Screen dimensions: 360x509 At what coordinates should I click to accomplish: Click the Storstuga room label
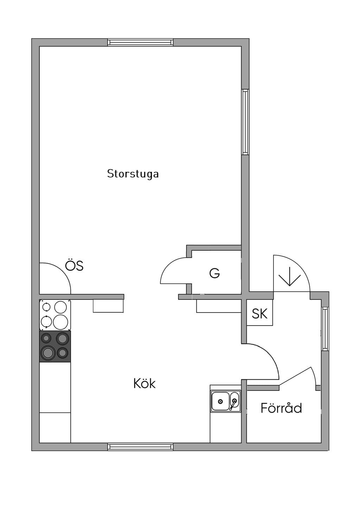pyautogui.click(x=133, y=174)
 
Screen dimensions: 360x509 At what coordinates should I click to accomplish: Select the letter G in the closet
pyautogui.click(x=214, y=273)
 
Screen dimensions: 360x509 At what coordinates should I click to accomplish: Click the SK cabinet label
pyautogui.click(x=259, y=313)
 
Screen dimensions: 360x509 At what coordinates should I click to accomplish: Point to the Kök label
pyautogui.click(x=144, y=384)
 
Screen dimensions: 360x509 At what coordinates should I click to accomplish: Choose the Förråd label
pyautogui.click(x=281, y=408)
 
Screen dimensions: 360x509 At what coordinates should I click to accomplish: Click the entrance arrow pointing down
pyautogui.click(x=290, y=276)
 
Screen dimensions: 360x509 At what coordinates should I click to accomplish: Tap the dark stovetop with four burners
pyautogui.click(x=55, y=346)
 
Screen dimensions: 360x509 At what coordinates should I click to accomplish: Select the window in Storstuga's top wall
pyautogui.click(x=140, y=43)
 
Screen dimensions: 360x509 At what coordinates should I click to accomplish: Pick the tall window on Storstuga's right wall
pyautogui.click(x=245, y=122)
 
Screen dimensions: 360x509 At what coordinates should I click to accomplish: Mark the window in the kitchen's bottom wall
pyautogui.click(x=140, y=447)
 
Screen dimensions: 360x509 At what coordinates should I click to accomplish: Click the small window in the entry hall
pyautogui.click(x=325, y=329)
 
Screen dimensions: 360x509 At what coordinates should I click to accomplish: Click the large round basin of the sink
pyautogui.click(x=220, y=401)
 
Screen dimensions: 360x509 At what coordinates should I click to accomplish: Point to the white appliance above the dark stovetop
pyautogui.click(x=55, y=315)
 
